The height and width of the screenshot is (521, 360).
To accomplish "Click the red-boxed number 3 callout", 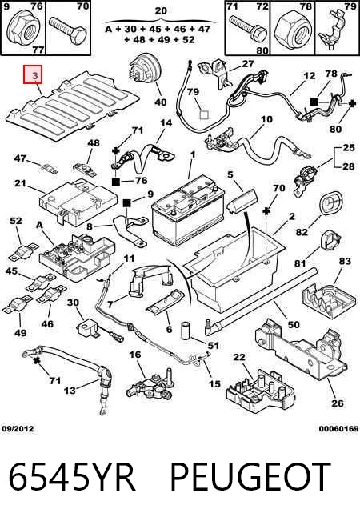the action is pyautogui.click(x=33, y=74).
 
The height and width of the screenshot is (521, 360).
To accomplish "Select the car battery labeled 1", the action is pyautogui.click(x=188, y=210).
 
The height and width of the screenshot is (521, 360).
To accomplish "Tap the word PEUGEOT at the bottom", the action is pyautogui.click(x=250, y=477).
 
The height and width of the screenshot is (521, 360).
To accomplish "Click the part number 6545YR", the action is pyautogui.click(x=72, y=477).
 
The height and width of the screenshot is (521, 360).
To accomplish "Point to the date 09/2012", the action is pyautogui.click(x=18, y=429).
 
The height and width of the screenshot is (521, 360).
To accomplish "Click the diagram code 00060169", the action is pyautogui.click(x=338, y=429).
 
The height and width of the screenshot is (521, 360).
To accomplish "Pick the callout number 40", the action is pyautogui.click(x=161, y=102).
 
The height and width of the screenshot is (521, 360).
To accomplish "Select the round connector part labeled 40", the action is pyautogui.click(x=145, y=70).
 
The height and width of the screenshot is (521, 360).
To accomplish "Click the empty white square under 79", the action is pyautogui.click(x=203, y=114).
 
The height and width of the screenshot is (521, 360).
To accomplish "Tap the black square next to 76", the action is pyautogui.click(x=115, y=182).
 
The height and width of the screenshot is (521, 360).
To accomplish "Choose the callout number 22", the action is pyautogui.click(x=238, y=357).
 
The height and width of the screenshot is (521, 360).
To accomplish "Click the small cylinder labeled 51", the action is pyautogui.click(x=186, y=331).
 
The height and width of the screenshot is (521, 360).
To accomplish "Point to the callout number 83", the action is pyautogui.click(x=345, y=261).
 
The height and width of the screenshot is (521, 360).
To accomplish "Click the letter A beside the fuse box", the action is pyautogui.click(x=39, y=225).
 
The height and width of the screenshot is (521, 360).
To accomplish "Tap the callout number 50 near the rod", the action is pyautogui.click(x=294, y=324).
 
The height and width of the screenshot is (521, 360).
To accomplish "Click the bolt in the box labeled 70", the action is pyautogui.click(x=68, y=29).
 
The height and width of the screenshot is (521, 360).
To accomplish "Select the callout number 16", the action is pyautogui.click(x=135, y=355).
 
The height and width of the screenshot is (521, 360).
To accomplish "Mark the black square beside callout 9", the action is pyautogui.click(x=127, y=202).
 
